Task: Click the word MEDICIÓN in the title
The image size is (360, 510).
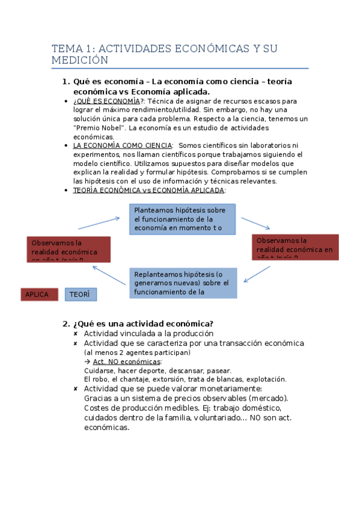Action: (79, 61)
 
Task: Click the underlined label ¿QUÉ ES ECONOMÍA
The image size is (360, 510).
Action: (106, 101)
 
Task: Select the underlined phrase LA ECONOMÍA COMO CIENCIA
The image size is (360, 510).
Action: (122, 146)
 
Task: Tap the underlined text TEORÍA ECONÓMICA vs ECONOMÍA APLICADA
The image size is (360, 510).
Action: (148, 190)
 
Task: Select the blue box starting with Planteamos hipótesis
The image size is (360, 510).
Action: (182, 219)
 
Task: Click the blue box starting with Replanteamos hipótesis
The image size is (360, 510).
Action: (182, 283)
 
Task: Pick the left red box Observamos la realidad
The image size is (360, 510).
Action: (69, 249)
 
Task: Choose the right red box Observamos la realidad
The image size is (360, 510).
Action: (295, 247)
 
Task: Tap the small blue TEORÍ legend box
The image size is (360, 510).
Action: (81, 294)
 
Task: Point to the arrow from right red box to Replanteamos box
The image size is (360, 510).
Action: (257, 274)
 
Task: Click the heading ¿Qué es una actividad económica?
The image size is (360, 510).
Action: (143, 323)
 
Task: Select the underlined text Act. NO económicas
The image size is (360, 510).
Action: (127, 361)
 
